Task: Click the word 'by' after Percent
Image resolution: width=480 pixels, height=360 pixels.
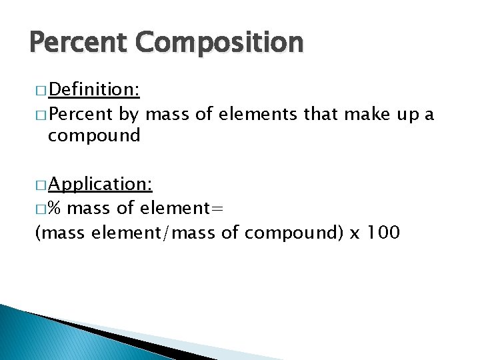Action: pyautogui.click(x=129, y=114)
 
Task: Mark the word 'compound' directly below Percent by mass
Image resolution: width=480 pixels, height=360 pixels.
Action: pyautogui.click(x=94, y=137)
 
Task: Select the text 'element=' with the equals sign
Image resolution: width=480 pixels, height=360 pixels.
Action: pyautogui.click(x=181, y=209)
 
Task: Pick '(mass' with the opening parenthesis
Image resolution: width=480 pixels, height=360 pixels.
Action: pyautogui.click(x=54, y=233)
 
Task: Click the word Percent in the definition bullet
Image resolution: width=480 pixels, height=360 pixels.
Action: pyautogui.click(x=81, y=114)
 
